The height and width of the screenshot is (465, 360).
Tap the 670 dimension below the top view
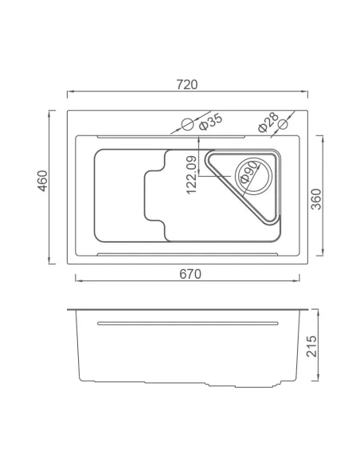(x=190, y=273)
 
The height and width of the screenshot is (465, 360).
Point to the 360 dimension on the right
(x=316, y=198)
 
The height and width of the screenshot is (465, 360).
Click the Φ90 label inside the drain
(x=249, y=173)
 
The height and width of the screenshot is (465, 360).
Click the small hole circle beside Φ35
(x=187, y=124)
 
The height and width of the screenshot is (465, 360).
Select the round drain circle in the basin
(x=248, y=174)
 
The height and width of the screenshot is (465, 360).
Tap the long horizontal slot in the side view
(x=187, y=322)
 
